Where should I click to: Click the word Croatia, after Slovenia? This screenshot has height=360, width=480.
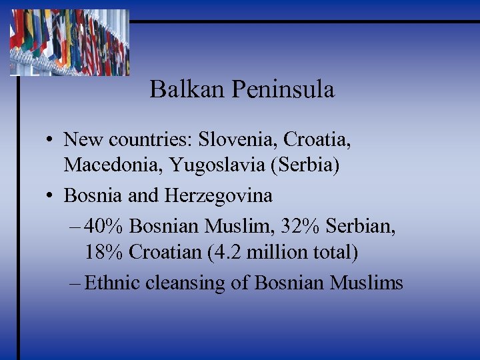(317, 140)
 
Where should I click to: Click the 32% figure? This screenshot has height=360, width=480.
(301, 227)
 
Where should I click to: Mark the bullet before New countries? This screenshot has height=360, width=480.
(50, 141)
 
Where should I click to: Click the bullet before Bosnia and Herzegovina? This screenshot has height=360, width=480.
(50, 196)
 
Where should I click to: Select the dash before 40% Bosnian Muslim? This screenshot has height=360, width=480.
(75, 227)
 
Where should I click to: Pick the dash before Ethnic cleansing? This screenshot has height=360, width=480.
(75, 283)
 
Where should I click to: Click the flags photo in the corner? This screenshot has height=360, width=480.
(69, 42)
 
